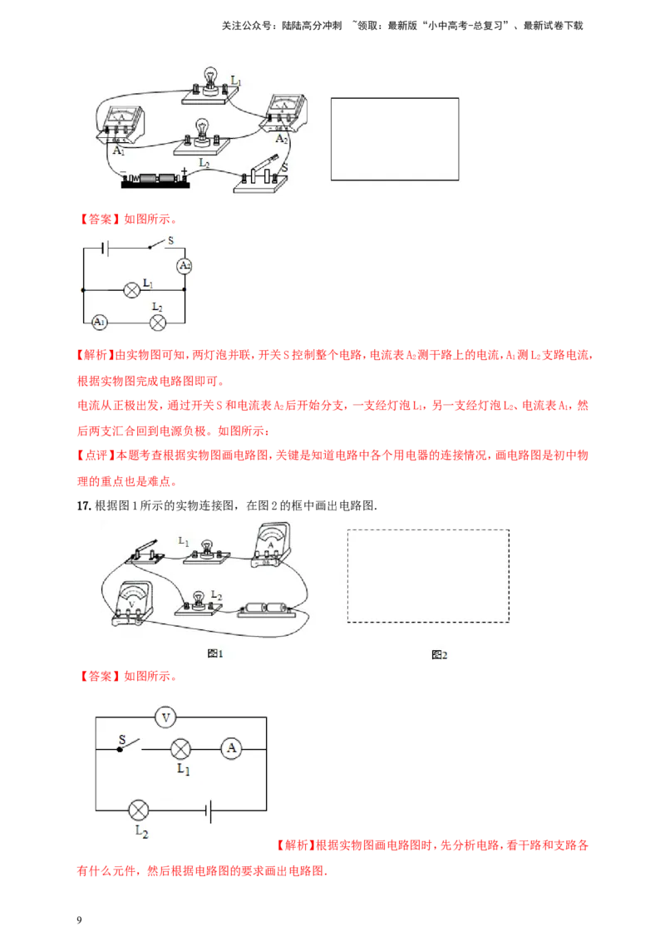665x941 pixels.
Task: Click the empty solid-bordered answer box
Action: click(395, 139)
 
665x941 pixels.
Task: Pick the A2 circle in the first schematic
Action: click(185, 266)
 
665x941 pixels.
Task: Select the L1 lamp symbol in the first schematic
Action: click(131, 290)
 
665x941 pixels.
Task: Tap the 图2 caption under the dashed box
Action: click(440, 655)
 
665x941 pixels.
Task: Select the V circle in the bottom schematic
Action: click(165, 717)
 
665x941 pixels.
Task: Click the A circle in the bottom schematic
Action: click(232, 749)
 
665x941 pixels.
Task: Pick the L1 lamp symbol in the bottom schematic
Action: click(181, 749)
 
